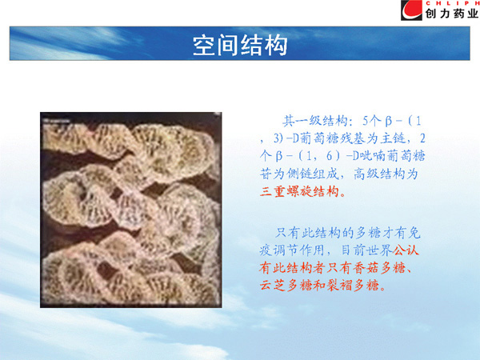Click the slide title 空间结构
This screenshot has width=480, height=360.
click(x=240, y=46)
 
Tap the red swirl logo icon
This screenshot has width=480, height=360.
click(x=411, y=10)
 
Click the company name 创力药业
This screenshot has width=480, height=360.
click(x=451, y=14)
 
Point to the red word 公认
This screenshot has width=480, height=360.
click(x=406, y=250)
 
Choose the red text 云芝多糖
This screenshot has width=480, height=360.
click(x=286, y=286)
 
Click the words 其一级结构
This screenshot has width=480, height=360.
click(x=314, y=122)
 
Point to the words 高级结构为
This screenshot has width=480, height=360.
click(x=386, y=174)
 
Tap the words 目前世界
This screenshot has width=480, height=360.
click(x=366, y=250)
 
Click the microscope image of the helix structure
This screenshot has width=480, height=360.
click(x=130, y=210)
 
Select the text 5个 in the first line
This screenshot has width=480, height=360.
click(x=370, y=122)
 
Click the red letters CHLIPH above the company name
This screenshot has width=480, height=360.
click(x=452, y=3)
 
